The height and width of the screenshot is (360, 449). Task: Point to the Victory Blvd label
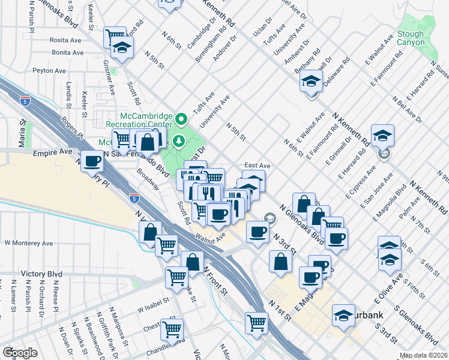(41, 274)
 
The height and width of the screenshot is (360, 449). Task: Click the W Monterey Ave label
(29, 244)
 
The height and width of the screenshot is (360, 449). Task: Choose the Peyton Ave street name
(49, 71)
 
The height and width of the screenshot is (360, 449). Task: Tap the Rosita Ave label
(66, 40)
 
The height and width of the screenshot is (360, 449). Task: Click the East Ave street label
(257, 165)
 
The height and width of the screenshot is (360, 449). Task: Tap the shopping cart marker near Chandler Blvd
(172, 330)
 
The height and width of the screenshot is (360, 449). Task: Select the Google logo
(20, 352)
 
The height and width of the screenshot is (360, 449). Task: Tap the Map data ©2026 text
(424, 355)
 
